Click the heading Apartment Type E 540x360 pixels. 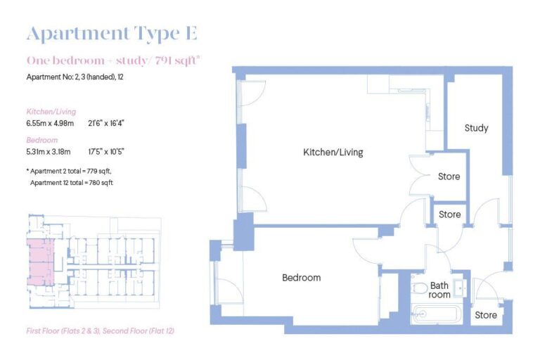tap(112, 33)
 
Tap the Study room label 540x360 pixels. tap(476, 128)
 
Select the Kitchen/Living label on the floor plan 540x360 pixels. tap(333, 152)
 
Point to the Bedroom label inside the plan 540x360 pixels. tap(301, 278)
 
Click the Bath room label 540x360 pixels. tap(440, 290)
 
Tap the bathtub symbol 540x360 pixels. tap(436, 314)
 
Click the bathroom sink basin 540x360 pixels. tap(460, 287)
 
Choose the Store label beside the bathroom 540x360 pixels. tap(485, 315)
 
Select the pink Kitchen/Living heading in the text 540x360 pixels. tap(51, 112)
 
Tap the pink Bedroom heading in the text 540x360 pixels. tap(42, 140)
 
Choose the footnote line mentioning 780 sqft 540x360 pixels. tap(72, 183)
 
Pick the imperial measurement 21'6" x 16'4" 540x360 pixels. tap(106, 123)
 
